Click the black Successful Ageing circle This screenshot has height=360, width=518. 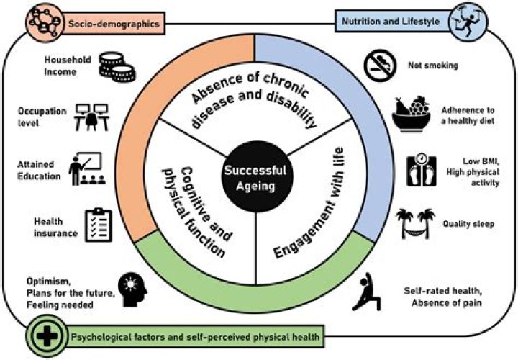[256, 177]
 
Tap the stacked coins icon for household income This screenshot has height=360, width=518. [117, 67]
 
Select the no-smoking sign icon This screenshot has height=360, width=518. [380, 66]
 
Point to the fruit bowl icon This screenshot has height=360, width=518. [412, 114]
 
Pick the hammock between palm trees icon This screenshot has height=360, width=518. [416, 223]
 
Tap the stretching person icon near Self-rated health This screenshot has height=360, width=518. [366, 292]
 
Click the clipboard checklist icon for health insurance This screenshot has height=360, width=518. [99, 225]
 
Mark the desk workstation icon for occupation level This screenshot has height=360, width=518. [91, 117]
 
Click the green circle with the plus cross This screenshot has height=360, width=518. [47, 336]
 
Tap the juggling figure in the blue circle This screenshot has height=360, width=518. [468, 22]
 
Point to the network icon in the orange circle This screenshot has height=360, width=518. [45, 22]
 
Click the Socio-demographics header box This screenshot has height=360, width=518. [114, 24]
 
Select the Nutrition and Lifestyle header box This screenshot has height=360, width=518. [394, 21]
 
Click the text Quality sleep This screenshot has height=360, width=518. [468, 224]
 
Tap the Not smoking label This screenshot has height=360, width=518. [433, 65]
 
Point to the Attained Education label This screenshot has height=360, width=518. [39, 170]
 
